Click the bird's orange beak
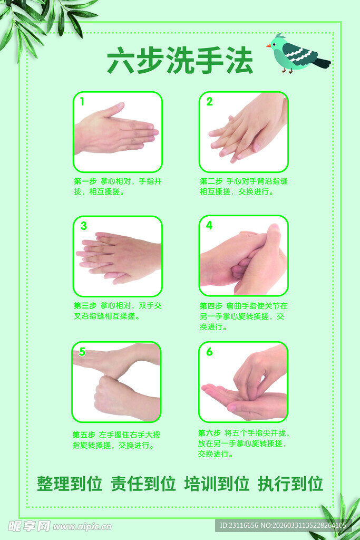(269, 46)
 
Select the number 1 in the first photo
(82, 102)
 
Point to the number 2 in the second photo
(209, 102)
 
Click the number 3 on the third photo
(83, 226)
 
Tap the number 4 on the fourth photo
(209, 226)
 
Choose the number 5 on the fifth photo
(82, 352)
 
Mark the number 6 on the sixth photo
(209, 352)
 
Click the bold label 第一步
(85, 181)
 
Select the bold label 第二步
(211, 181)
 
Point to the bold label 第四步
(211, 306)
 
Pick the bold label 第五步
(84, 435)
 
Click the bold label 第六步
(210, 433)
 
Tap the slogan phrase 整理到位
(69, 484)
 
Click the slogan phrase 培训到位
(217, 484)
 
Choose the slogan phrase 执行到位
(290, 484)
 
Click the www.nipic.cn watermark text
(82, 526)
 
